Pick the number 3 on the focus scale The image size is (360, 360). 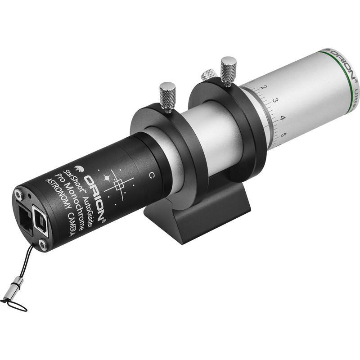tap(274, 101)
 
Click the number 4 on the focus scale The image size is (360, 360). tap(282, 118)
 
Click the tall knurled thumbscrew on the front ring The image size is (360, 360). tap(229, 68)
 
